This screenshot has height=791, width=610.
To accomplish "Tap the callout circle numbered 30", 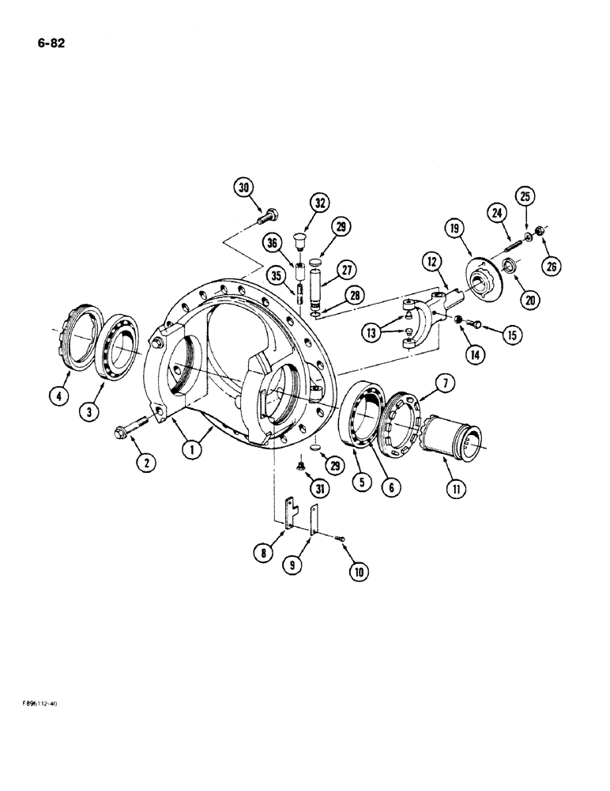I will point(243,187).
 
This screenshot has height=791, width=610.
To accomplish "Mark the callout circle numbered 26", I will point(552,267).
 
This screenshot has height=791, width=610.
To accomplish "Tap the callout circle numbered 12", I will point(432,260).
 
